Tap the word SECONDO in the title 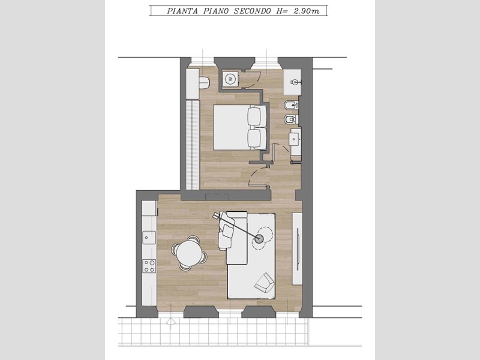pyautogui.click(x=252, y=11)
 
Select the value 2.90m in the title pyautogui.click(x=307, y=11)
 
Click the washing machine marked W pyautogui.click(x=230, y=79)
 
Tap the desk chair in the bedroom pyautogui.click(x=204, y=82)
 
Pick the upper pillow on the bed pyautogui.click(x=257, y=116)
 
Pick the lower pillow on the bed pyautogui.click(x=257, y=138)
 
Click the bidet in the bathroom pyautogui.click(x=291, y=106)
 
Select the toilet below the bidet pyautogui.click(x=291, y=119)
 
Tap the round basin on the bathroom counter pyautogui.click(x=295, y=82)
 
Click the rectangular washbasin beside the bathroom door pyautogui.click(x=295, y=139)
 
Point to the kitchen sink pyautogui.click(x=149, y=238)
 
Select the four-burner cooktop pyautogui.click(x=149, y=266)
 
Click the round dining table pyautogui.click(x=189, y=253)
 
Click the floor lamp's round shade pyautogui.click(x=259, y=239)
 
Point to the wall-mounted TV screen pyautogui.click(x=297, y=249)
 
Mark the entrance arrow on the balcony pyautogui.click(x=170, y=323)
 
